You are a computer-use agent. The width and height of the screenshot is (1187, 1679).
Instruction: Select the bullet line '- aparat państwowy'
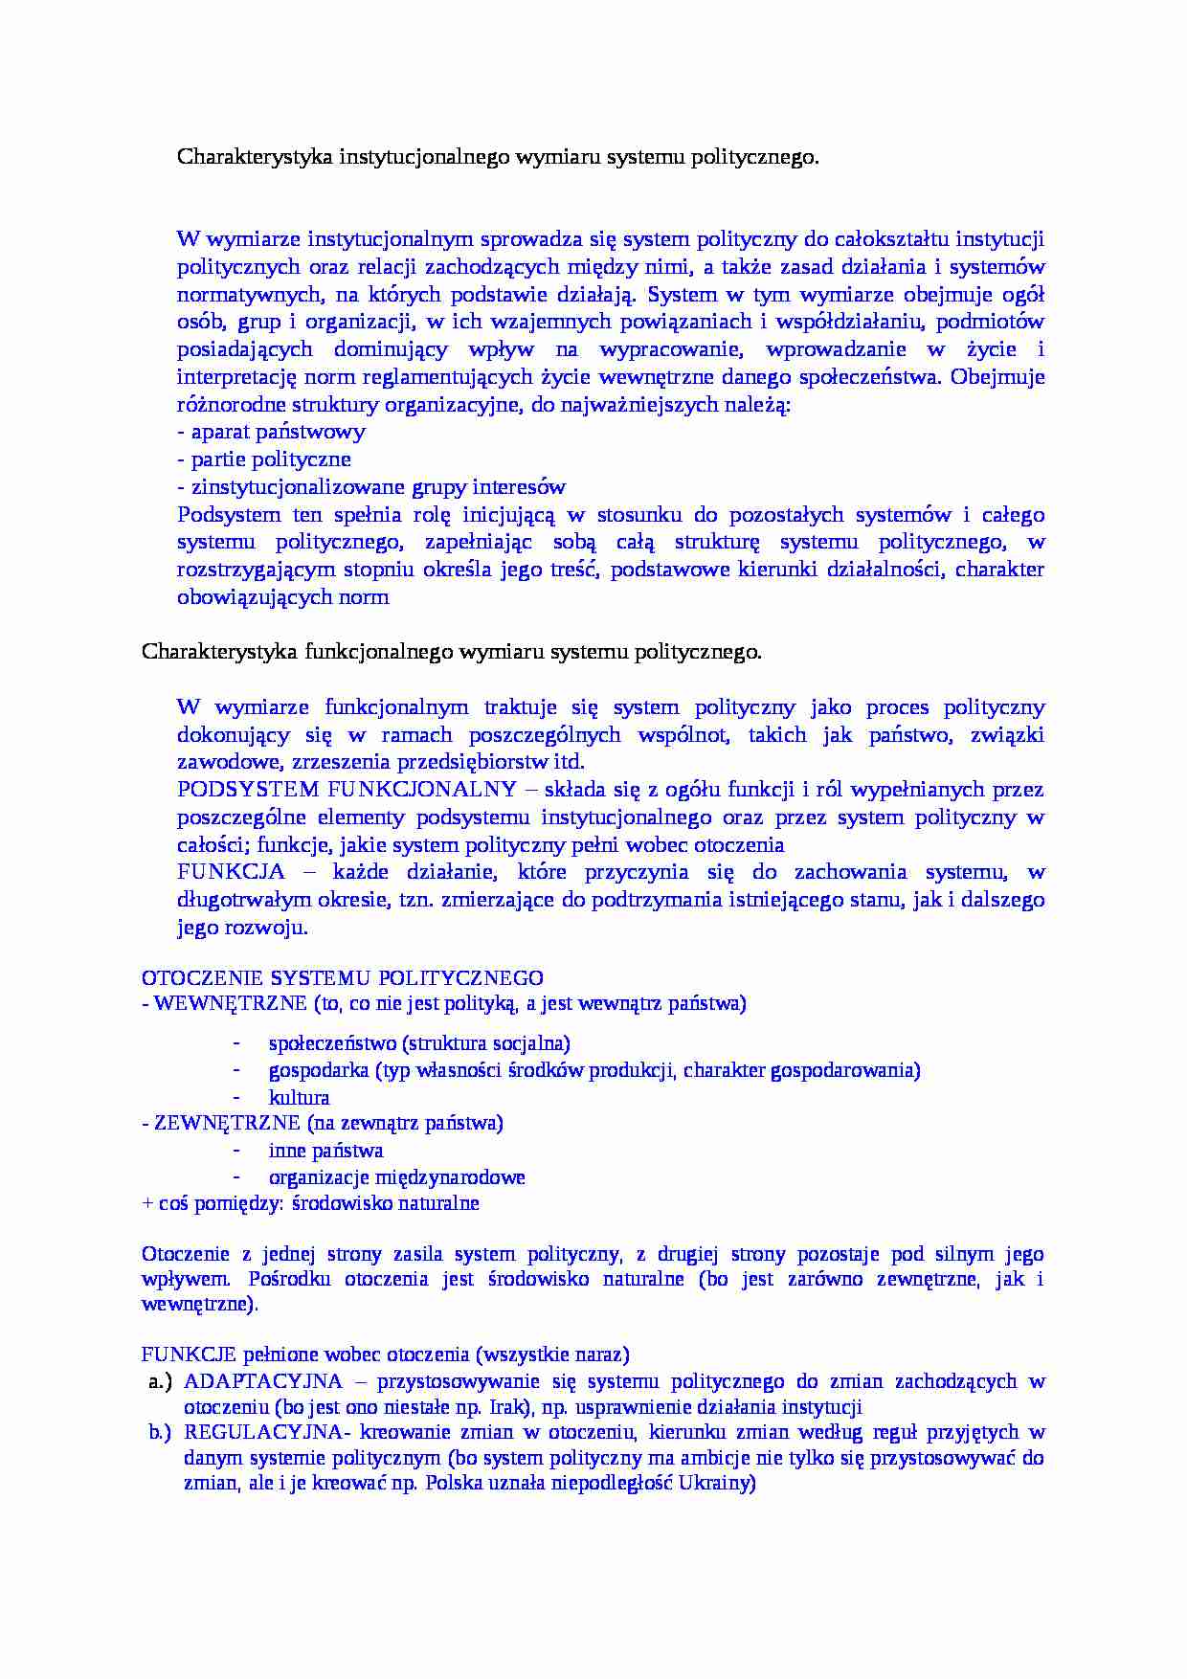271,432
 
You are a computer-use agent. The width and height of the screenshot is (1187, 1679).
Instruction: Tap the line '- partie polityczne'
264,459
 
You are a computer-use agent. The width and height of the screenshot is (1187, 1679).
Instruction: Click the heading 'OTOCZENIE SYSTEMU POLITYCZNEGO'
342,978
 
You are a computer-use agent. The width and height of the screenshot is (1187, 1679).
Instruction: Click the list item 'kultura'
299,1098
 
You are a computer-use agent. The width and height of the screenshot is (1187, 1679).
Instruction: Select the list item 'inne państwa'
325,1151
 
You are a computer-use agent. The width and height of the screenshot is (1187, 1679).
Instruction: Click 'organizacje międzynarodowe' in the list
396,1177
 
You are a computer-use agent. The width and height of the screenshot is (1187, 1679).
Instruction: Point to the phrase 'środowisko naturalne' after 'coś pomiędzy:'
385,1203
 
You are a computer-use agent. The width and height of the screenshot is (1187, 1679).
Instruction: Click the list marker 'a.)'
160,1381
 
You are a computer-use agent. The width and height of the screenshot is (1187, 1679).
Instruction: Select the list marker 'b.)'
160,1432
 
